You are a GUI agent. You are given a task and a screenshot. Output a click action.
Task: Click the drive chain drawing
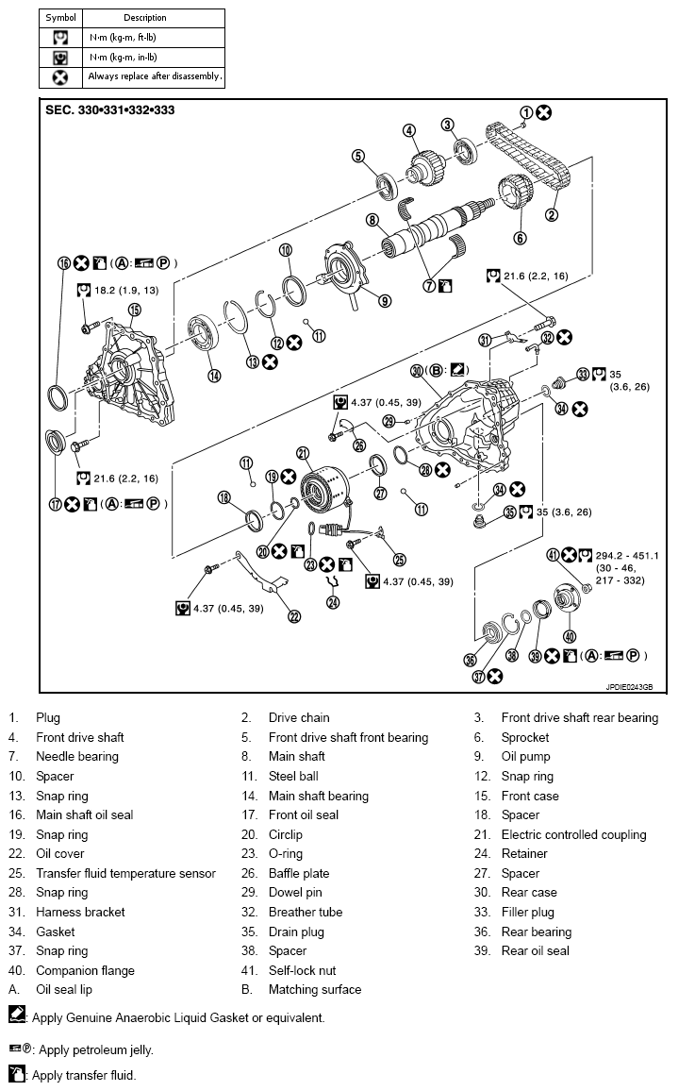coord(528,156)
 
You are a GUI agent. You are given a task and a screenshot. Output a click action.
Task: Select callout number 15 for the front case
coord(134,310)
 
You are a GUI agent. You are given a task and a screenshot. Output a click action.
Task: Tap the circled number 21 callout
coord(303,452)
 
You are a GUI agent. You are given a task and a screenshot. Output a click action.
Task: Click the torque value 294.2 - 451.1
coord(626,555)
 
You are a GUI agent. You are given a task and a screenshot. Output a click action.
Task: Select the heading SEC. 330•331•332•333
coord(109,109)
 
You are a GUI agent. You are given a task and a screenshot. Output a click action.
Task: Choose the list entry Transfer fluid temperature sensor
coord(125,873)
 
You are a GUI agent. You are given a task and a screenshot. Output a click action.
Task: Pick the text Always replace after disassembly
coord(155,76)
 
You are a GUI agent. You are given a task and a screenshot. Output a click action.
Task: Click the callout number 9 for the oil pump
coord(386,301)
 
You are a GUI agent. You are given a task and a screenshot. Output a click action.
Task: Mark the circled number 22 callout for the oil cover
coord(294,616)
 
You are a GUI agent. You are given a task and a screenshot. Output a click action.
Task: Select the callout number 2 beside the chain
coord(552,214)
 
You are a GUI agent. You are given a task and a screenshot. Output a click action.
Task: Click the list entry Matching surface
coord(314,990)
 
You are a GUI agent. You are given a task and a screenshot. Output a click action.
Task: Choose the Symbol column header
coord(60,17)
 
